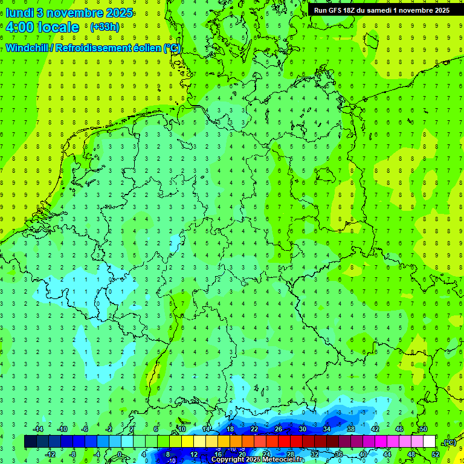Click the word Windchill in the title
pos(27,48)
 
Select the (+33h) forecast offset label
pos(105,27)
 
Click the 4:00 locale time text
pos(42,27)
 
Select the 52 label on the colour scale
pos(436,454)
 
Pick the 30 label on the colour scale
pos(302,429)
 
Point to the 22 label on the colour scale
pos(254,429)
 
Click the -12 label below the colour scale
pos(51,454)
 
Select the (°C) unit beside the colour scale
pos(449,442)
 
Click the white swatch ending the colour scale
pos(429,442)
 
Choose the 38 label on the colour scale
pos(350,429)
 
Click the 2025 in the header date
pos(118,13)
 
